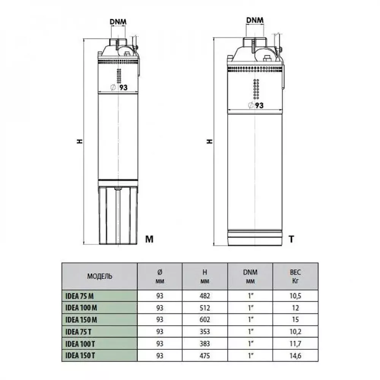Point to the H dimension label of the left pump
79,141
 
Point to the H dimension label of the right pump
209,141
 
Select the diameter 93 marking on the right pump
256,106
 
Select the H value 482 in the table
204,295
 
